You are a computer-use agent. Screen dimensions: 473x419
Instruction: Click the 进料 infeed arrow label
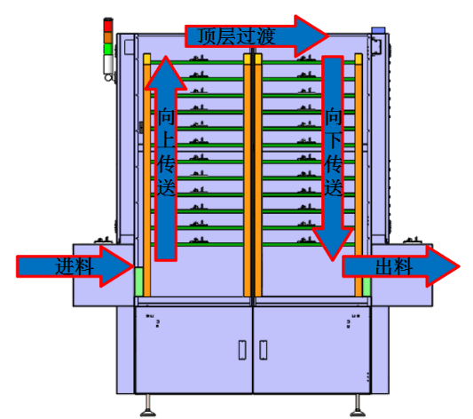coord(74,266)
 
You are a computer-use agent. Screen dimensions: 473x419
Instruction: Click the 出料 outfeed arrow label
coord(394,266)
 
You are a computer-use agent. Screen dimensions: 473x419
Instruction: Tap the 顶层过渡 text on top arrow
coord(236,36)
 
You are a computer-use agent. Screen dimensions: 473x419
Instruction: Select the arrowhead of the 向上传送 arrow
coord(165,73)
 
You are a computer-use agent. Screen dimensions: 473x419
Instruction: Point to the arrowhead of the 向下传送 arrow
coord(333,244)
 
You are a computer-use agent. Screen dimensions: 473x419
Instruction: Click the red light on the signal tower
coord(108,26)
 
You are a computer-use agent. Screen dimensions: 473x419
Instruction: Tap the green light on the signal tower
coord(108,49)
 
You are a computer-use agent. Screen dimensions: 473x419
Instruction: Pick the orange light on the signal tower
coord(108,37)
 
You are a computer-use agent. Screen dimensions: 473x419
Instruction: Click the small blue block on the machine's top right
coord(378,30)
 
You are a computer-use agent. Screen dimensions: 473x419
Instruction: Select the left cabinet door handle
coord(242,350)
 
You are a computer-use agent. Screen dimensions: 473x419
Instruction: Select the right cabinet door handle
coord(263,350)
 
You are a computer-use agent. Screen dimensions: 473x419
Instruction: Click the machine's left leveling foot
coord(148,407)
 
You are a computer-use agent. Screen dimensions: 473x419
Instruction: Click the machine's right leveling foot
coord(358,407)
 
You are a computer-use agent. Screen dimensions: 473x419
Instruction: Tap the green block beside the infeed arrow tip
coord(138,281)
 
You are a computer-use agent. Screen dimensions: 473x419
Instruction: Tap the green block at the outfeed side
coord(367,287)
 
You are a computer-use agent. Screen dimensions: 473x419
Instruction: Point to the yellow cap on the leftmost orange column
coord(147,59)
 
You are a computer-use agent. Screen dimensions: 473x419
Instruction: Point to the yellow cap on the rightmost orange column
coord(359,59)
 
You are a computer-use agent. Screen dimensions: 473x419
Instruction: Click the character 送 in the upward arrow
coord(166,187)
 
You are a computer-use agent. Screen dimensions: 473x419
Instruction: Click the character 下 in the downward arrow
coord(333,140)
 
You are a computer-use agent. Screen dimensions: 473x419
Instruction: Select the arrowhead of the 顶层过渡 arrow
coord(311,36)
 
